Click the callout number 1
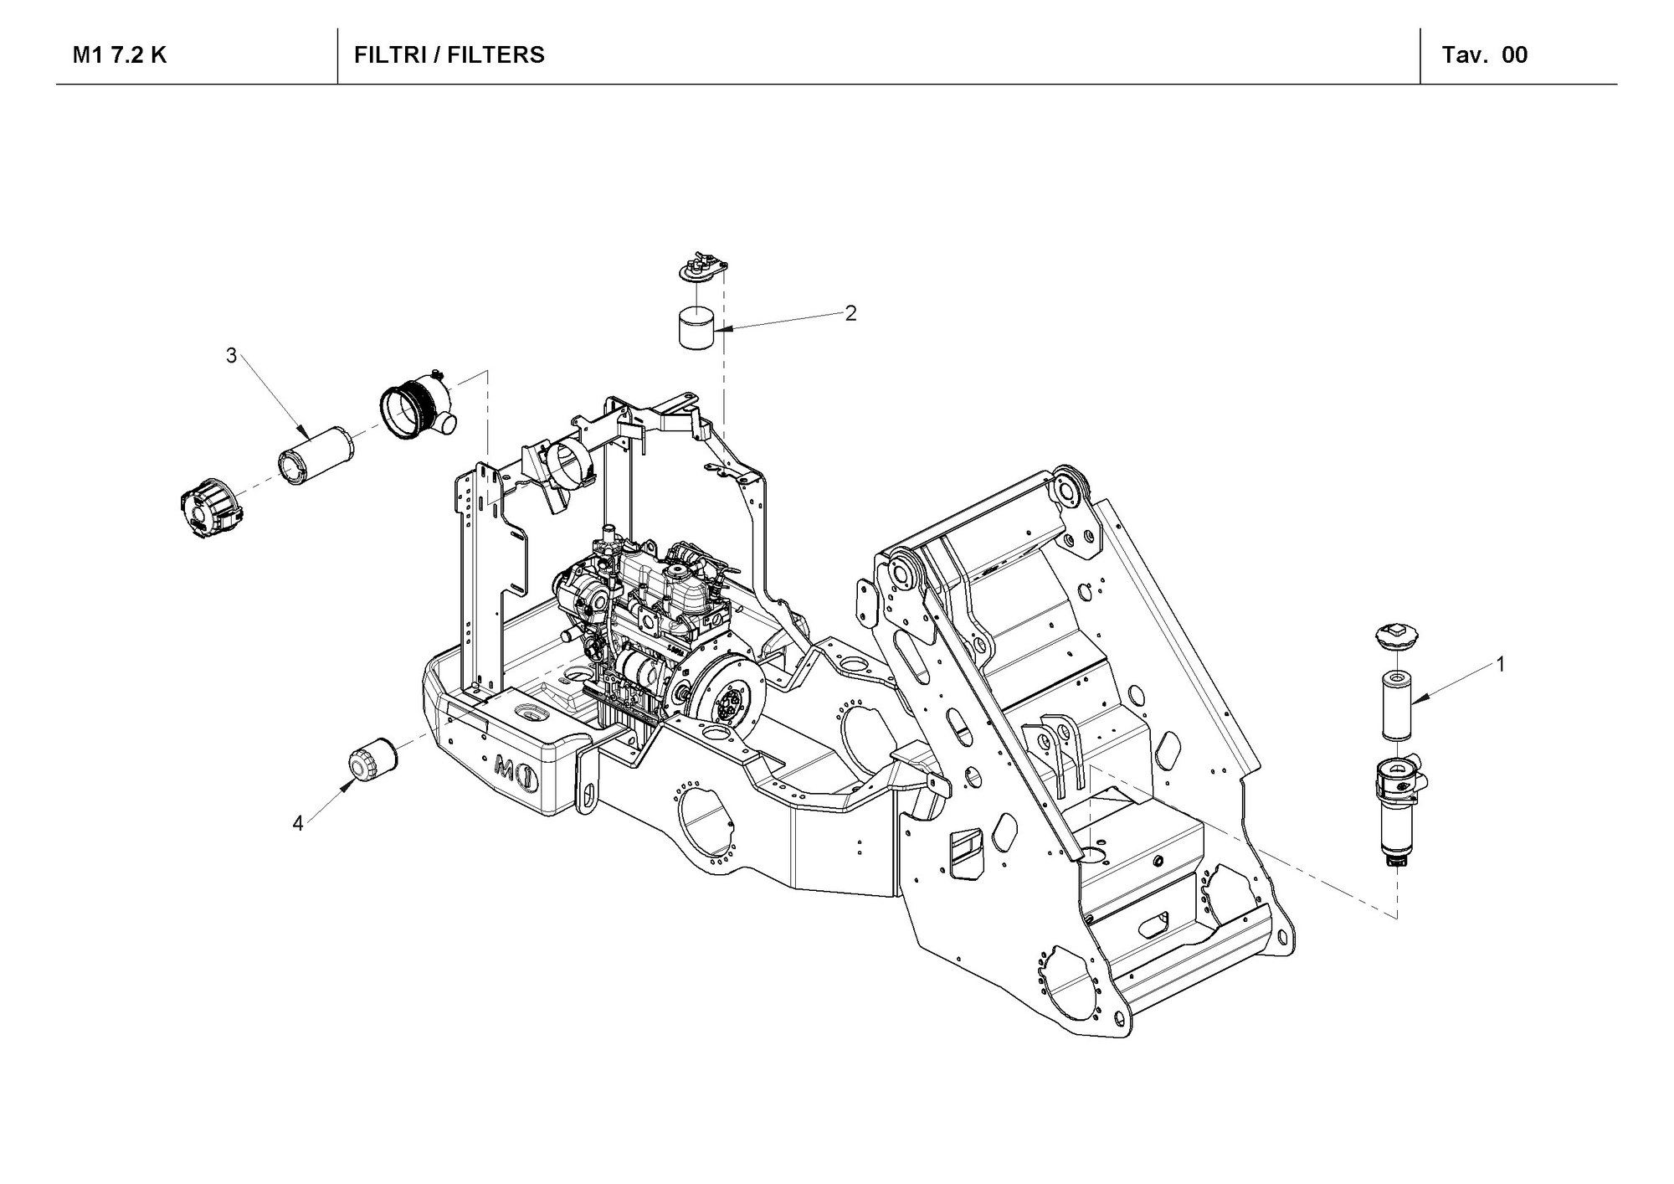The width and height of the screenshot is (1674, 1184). click(1501, 665)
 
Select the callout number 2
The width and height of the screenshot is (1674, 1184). click(850, 313)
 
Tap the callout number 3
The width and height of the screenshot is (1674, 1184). click(231, 356)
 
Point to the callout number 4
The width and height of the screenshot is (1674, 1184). click(298, 824)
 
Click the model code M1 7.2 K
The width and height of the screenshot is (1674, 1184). click(120, 56)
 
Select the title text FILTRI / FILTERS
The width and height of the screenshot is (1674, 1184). click(449, 56)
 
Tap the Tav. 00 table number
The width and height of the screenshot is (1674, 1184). click(1484, 56)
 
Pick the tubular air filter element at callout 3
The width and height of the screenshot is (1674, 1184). click(306, 456)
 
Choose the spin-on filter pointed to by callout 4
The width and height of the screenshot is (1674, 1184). click(372, 758)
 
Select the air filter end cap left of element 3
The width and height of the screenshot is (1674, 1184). click(210, 512)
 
